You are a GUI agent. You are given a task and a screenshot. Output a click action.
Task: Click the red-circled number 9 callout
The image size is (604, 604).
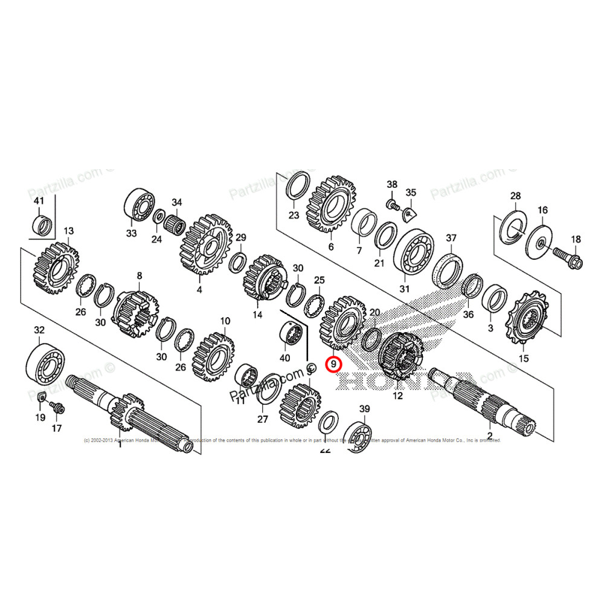333,364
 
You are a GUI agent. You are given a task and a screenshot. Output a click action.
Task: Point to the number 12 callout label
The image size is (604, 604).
397,396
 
